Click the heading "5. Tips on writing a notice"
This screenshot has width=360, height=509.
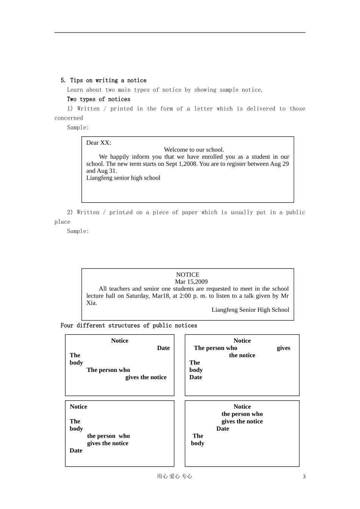tap(103, 80)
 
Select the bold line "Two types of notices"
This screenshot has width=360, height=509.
tap(99, 99)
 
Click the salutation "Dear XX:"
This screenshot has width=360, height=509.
tap(99, 143)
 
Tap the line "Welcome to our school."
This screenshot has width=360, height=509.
tap(194, 150)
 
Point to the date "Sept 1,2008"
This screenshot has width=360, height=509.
tap(182, 164)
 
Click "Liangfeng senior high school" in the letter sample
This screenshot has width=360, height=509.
tap(123, 178)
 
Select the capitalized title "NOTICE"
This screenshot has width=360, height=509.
tap(188, 275)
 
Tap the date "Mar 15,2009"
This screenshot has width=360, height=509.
tap(191, 282)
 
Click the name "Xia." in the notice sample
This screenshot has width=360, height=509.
tap(91, 303)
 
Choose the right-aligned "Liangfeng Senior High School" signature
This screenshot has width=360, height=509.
tap(250, 310)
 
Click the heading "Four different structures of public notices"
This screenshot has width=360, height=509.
tap(129, 326)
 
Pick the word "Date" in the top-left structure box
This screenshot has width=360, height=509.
tap(163, 348)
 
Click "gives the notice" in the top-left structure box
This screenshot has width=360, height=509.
tap(146, 377)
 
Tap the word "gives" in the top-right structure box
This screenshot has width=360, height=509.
tap(283, 348)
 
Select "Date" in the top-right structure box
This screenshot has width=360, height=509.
tap(196, 377)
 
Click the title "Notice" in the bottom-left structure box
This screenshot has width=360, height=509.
tap(78, 407)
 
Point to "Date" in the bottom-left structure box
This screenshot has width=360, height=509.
tap(76, 451)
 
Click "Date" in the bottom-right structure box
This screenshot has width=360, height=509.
tap(222, 429)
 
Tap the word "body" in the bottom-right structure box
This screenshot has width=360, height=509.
tap(197, 443)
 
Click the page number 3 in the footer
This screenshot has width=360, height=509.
tap(304, 477)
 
